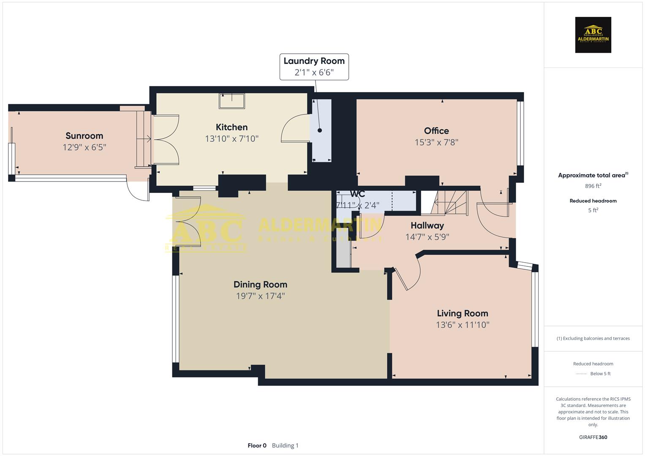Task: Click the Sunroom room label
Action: tap(84, 136)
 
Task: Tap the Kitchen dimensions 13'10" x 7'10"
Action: tap(231, 138)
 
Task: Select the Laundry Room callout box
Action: tap(314, 67)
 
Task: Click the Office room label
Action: tap(436, 131)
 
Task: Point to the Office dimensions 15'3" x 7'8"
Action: tap(436, 142)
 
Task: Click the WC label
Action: tap(357, 194)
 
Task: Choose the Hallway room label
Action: tap(427, 225)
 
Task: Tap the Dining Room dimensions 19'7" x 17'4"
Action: tap(260, 296)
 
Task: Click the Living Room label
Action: tap(462, 313)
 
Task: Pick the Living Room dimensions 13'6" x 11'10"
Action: tap(462, 325)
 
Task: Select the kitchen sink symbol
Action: tap(231, 101)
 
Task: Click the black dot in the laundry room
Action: tap(320, 130)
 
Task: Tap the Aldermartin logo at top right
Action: tap(593, 35)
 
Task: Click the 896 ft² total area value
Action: tap(593, 186)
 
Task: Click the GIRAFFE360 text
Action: tap(593, 437)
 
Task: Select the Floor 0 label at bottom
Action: tap(257, 445)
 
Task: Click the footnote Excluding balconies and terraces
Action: tap(593, 338)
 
